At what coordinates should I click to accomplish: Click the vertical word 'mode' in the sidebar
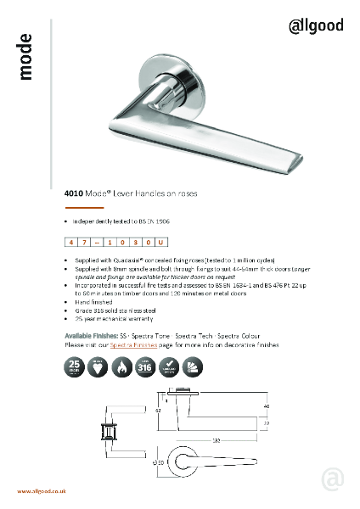click(x=25, y=57)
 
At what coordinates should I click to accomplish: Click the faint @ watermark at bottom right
click(x=334, y=480)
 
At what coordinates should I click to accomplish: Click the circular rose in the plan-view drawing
click(x=188, y=462)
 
